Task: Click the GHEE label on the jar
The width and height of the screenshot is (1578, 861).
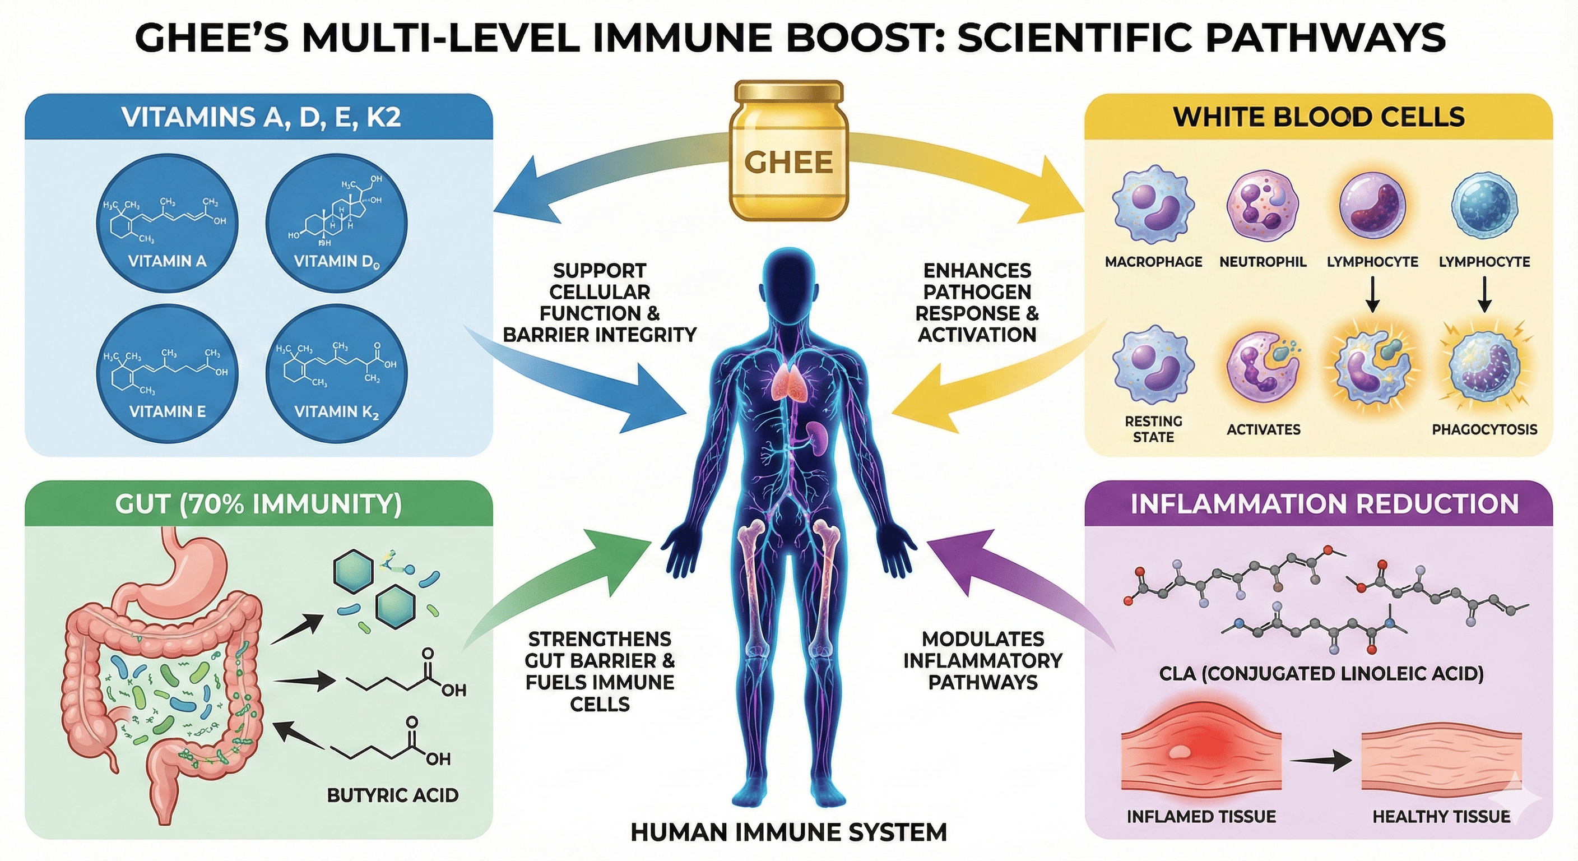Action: [788, 163]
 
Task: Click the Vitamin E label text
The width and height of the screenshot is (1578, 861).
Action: [167, 411]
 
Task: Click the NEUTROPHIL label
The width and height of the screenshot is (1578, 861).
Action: [1263, 262]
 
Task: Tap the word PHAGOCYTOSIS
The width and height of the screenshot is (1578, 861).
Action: [1484, 429]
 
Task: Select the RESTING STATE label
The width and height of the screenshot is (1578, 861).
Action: [1153, 429]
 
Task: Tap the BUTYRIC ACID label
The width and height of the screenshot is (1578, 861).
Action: [393, 795]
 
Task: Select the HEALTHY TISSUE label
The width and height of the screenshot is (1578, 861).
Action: [1441, 816]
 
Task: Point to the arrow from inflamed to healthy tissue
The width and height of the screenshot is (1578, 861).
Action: [1321, 761]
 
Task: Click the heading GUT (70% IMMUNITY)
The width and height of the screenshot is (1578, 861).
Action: [258, 504]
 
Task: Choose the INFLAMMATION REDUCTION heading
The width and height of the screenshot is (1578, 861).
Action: [1324, 504]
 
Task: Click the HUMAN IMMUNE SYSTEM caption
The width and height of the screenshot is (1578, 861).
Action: [788, 832]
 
